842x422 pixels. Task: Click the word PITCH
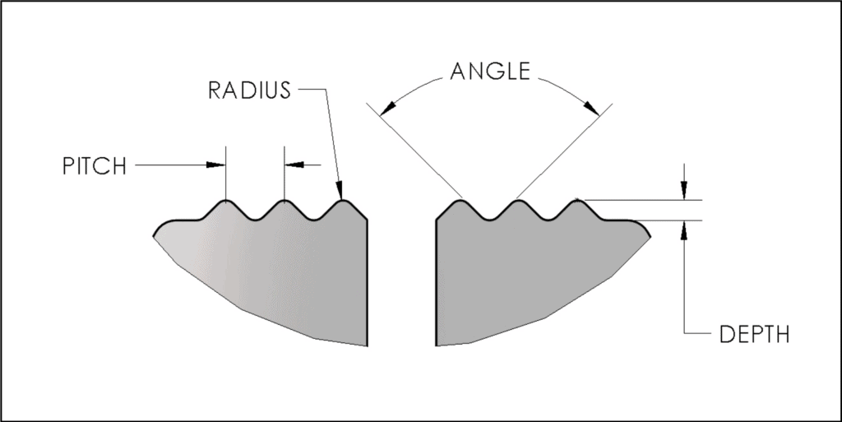click(94, 166)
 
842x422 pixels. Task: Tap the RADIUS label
click(249, 90)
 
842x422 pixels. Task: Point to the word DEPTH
click(754, 335)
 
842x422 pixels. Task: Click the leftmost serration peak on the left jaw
click(224, 201)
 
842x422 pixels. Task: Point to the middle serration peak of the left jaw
click(284, 201)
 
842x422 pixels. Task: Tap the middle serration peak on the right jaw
click(518, 201)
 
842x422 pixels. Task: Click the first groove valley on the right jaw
click(489, 218)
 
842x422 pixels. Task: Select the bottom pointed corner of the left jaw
click(365, 346)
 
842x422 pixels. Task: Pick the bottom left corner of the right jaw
click(437, 345)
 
